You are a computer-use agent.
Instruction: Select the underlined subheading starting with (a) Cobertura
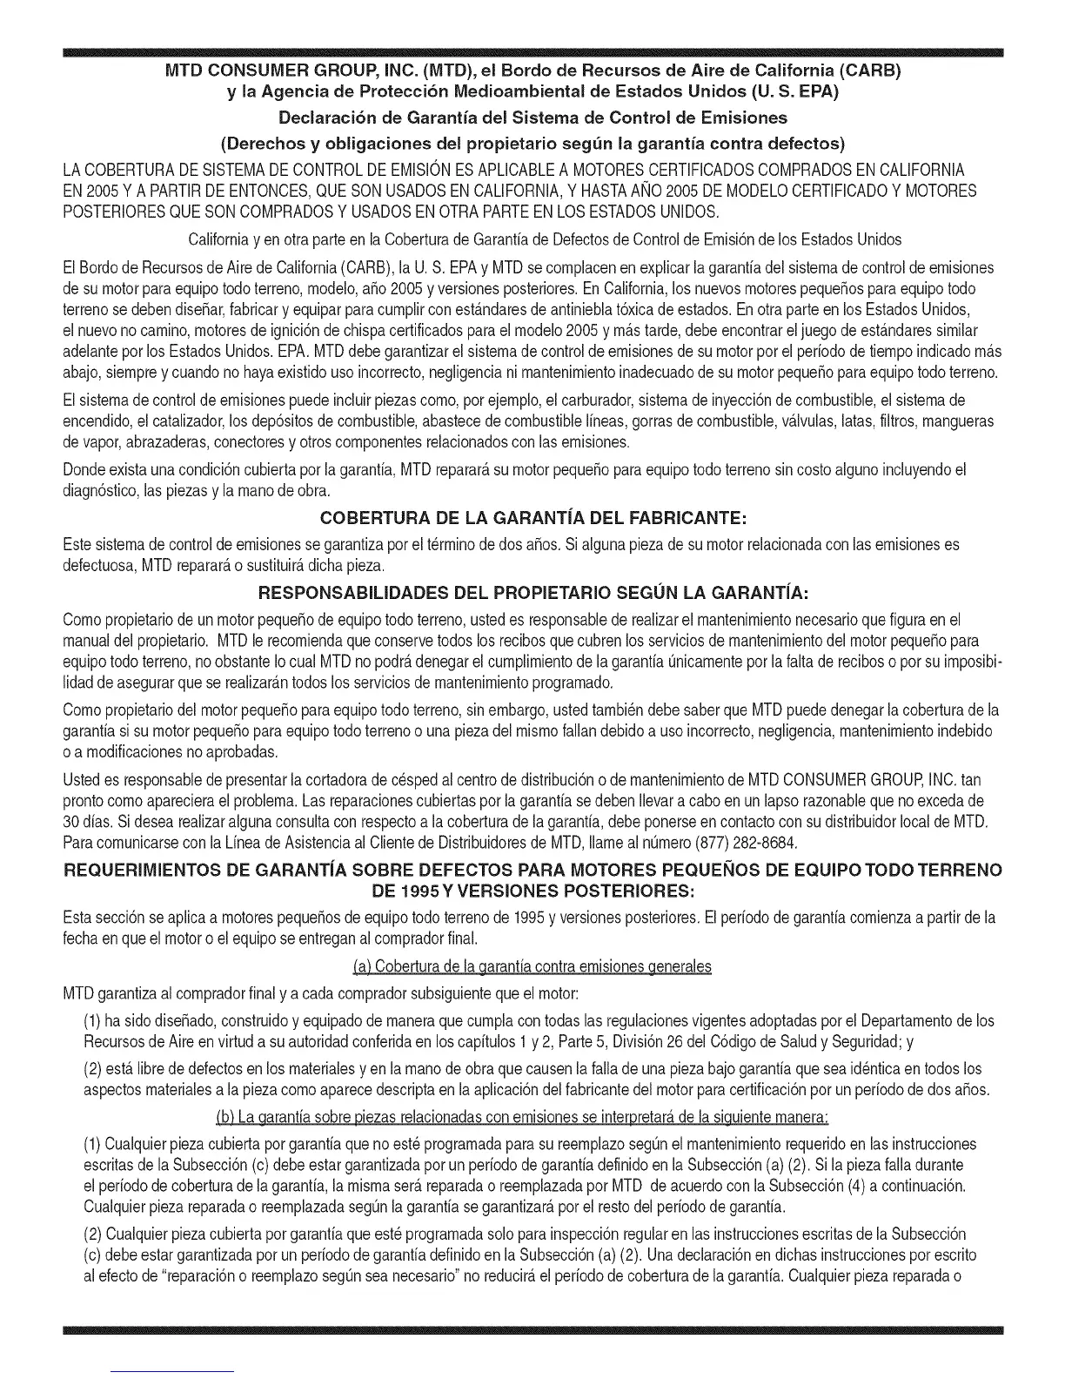(x=532, y=966)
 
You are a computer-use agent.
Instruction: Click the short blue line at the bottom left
(x=173, y=1371)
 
